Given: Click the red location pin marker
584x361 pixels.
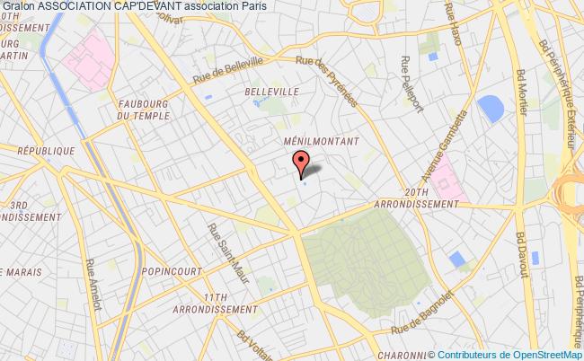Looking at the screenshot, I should pos(302,163).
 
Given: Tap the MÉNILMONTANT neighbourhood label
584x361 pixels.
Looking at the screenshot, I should pos(321,142).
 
